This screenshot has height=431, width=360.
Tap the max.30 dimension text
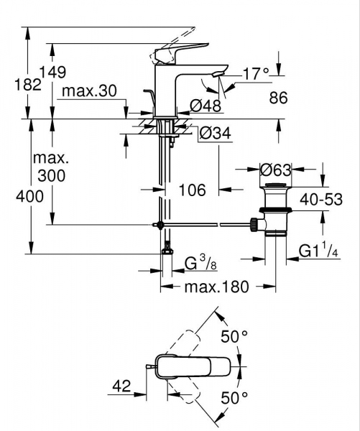[88, 91]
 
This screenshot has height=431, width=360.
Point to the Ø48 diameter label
[206, 106]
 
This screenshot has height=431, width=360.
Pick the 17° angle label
[255, 73]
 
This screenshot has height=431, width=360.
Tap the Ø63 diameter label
[275, 171]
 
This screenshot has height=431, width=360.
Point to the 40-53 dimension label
[320, 198]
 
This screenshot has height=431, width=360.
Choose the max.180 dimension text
[215, 287]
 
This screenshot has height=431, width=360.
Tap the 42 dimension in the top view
[121, 386]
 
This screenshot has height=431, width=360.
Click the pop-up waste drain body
[275, 212]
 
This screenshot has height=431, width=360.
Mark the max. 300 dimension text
[51, 167]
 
